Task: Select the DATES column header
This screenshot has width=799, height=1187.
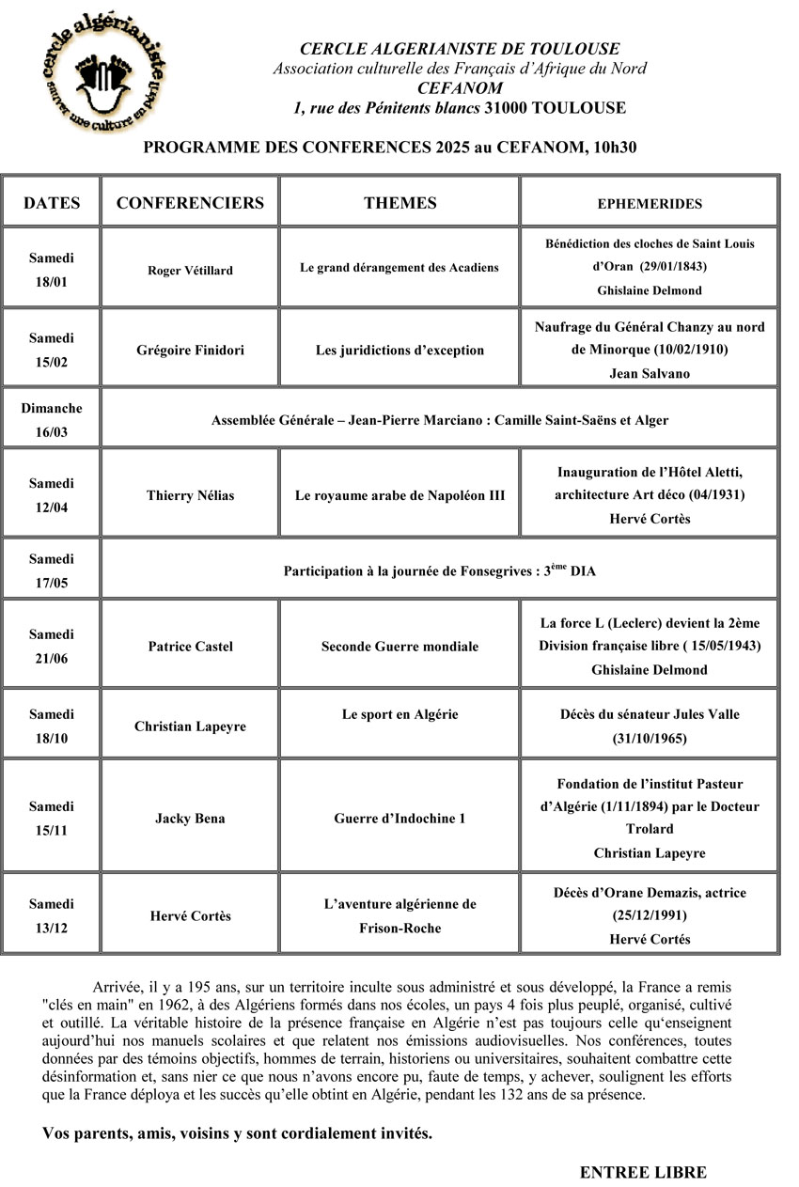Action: point(52,203)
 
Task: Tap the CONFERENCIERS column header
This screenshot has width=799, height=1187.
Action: point(190,203)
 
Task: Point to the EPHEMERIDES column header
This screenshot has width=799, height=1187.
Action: point(650,204)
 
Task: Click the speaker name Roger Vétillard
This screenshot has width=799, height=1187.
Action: point(190,271)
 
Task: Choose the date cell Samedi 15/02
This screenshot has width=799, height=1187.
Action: point(51,350)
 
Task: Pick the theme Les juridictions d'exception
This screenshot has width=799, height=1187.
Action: point(399,351)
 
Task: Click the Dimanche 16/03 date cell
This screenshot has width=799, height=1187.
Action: point(51,420)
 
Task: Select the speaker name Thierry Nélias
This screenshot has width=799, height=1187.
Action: point(190,495)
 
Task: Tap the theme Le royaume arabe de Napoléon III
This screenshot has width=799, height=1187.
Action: point(399,495)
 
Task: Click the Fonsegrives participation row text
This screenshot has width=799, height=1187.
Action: point(439,570)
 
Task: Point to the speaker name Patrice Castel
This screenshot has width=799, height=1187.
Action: point(190,647)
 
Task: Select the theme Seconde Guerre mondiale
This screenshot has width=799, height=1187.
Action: point(399,647)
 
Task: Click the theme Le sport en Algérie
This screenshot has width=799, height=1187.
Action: point(399,714)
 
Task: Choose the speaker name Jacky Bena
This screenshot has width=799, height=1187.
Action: point(190,819)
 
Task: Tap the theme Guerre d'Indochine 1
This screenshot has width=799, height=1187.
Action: point(399,819)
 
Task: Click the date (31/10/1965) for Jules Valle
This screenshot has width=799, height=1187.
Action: point(650,739)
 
